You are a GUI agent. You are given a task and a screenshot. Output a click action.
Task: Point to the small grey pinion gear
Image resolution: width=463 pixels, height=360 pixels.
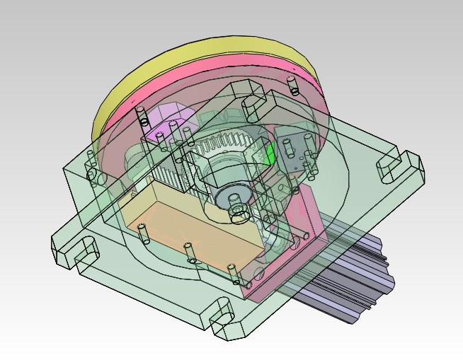pyautogui.click(x=232, y=198)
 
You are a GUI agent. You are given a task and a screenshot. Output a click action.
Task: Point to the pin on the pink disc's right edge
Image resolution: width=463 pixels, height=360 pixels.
pyautogui.click(x=291, y=84)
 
